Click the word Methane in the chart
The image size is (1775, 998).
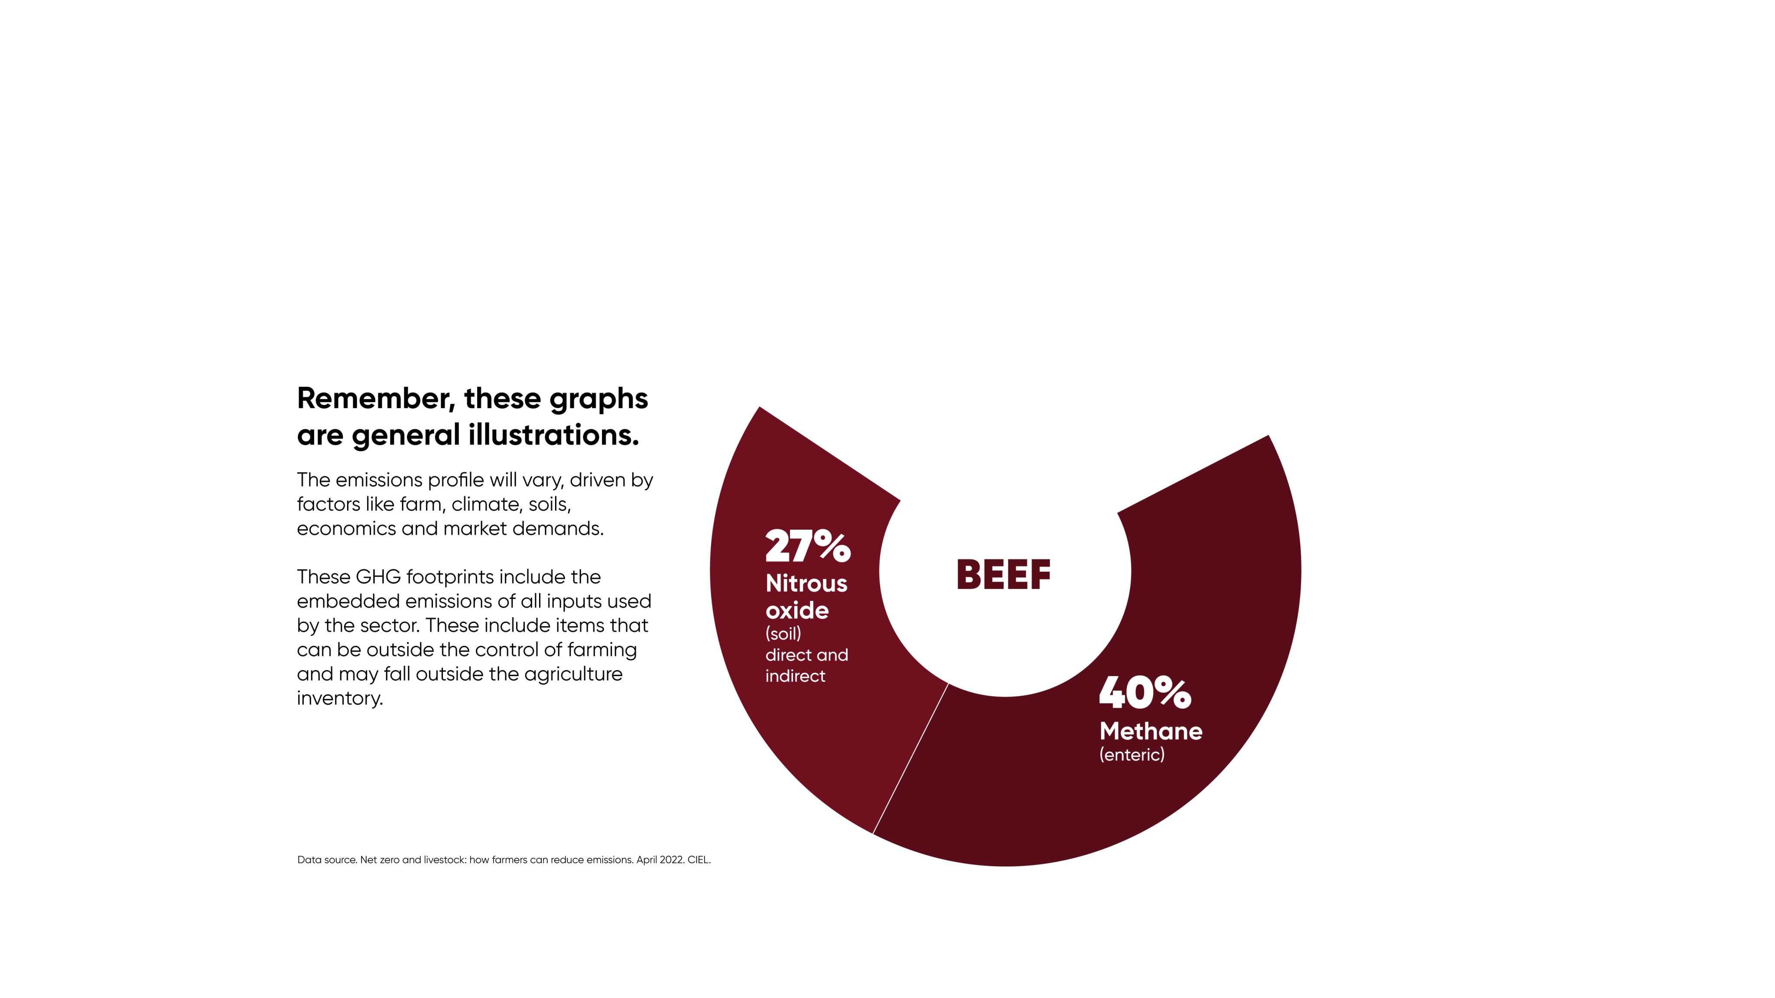pyautogui.click(x=1151, y=732)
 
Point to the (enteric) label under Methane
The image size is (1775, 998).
pyautogui.click(x=1131, y=755)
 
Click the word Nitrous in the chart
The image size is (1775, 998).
pyautogui.click(x=806, y=583)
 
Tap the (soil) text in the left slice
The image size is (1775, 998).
pyautogui.click(x=783, y=634)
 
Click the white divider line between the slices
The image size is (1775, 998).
pyautogui.click(x=910, y=759)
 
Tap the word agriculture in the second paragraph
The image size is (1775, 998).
pyautogui.click(x=572, y=674)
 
